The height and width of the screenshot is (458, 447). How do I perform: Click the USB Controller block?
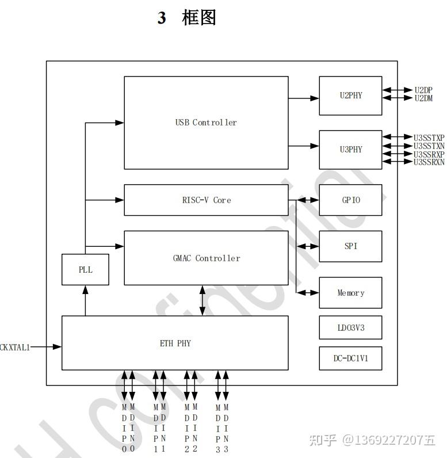point(206,123)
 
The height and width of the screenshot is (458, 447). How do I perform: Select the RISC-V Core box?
point(206,200)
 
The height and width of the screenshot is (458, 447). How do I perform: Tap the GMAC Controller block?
point(206,258)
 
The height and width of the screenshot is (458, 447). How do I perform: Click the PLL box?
point(85,269)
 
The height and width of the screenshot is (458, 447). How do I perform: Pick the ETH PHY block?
point(175,343)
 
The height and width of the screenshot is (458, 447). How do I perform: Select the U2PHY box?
point(350,96)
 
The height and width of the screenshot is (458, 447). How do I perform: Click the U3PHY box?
point(350,150)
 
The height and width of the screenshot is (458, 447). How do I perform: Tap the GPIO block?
point(350,200)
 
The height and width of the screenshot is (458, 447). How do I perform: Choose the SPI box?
point(350,246)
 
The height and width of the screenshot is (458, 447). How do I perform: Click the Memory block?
point(350,293)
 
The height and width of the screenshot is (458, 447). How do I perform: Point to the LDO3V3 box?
point(350,327)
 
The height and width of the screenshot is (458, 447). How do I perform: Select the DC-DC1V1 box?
point(350,358)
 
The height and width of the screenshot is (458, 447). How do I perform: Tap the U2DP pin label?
point(423,90)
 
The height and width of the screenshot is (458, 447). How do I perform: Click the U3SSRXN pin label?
point(429,162)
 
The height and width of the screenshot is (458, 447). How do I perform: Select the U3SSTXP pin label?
point(429,138)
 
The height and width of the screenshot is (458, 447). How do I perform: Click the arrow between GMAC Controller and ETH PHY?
point(202,300)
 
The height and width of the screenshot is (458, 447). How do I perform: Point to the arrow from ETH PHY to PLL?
point(85,300)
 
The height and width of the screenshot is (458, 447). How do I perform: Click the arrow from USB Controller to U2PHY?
point(304,98)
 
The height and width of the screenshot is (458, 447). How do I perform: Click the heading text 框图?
point(198,18)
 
